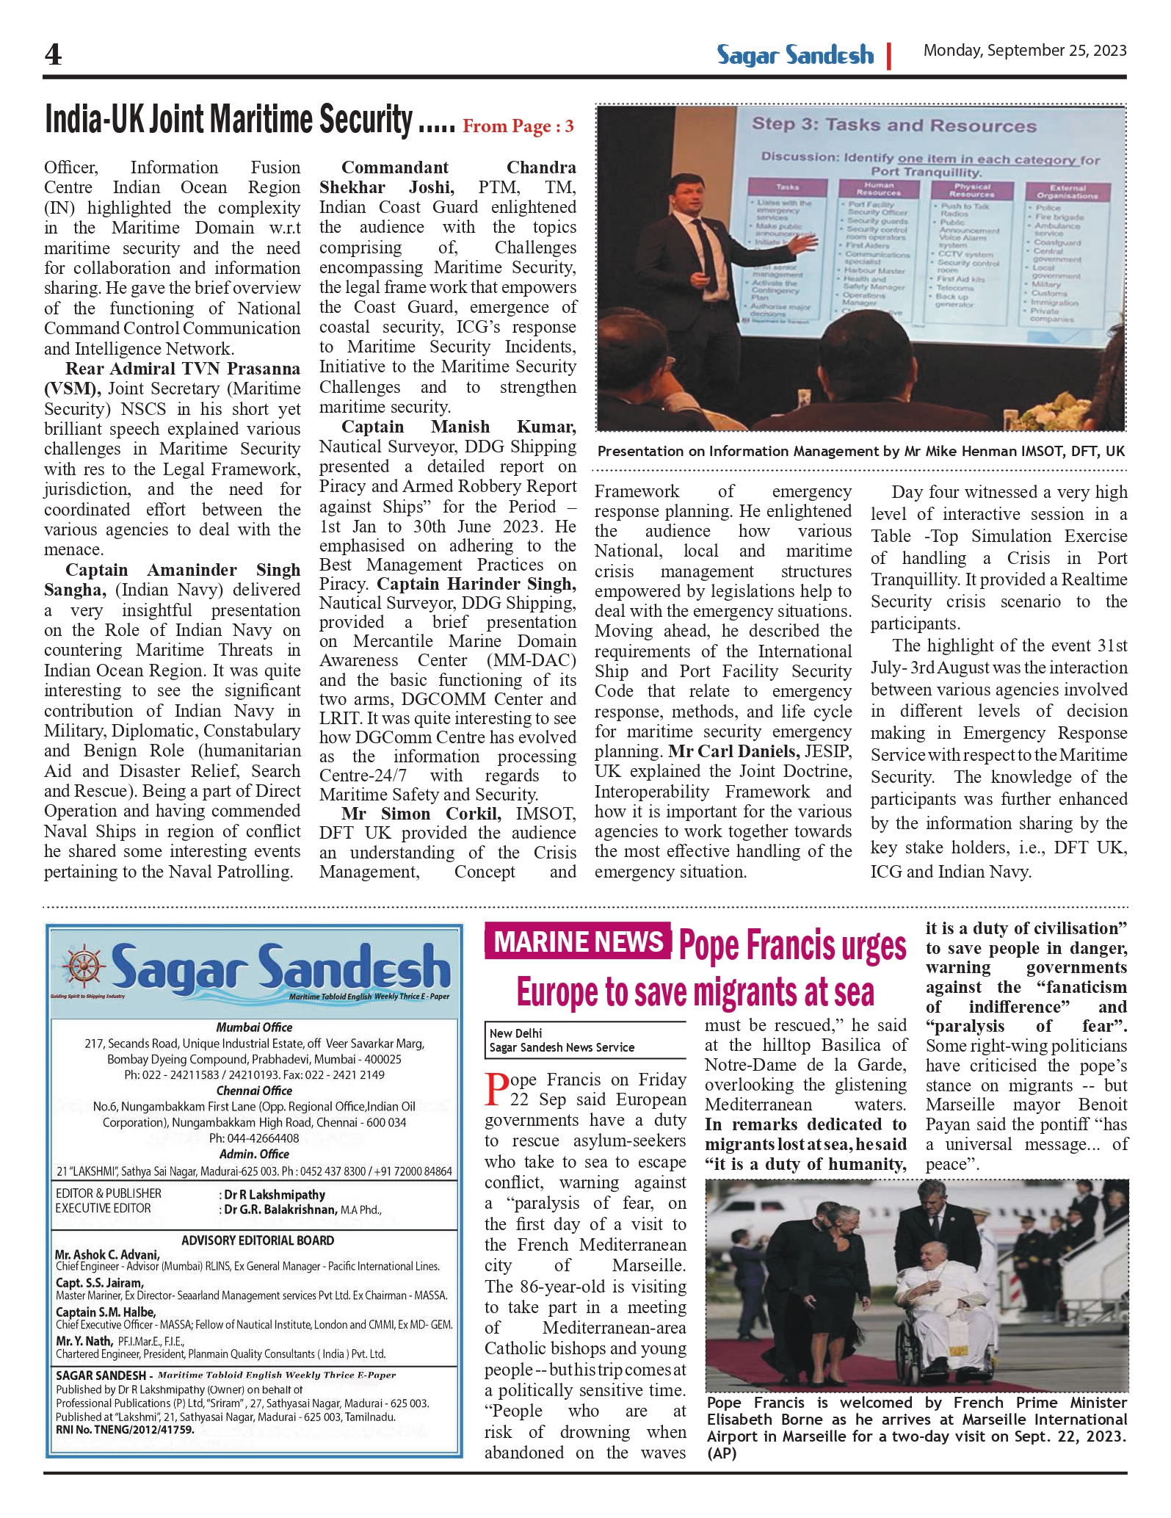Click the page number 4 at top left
tap(53, 54)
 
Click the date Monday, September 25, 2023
tap(1024, 51)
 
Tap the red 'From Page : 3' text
tap(518, 126)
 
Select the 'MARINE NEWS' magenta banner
tap(578, 941)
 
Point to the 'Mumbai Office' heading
tap(254, 1027)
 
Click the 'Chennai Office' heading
tap(254, 1091)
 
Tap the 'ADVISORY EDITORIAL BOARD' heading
tap(258, 1240)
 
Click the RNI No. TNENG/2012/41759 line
tap(125, 1430)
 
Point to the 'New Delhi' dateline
tap(515, 1033)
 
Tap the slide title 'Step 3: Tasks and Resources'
tap(893, 125)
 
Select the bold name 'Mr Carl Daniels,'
tap(734, 752)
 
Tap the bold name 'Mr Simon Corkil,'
tap(421, 814)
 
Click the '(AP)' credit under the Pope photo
tap(722, 1453)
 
